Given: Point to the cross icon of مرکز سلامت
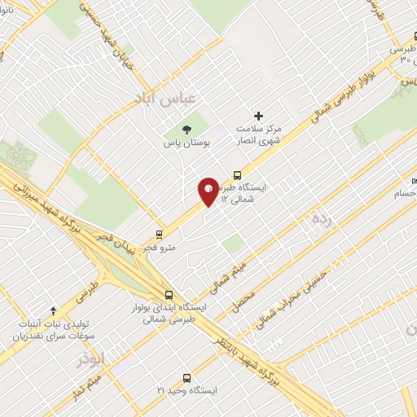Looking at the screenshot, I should pyautogui.click(x=260, y=116).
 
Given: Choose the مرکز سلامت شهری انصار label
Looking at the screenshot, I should pyautogui.click(x=260, y=135).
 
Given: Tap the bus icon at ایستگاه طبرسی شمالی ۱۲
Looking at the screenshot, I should pyautogui.click(x=237, y=174).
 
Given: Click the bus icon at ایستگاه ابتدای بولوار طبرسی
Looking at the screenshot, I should pyautogui.click(x=169, y=295).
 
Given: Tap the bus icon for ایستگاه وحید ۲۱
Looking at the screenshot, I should pyautogui.click(x=187, y=378).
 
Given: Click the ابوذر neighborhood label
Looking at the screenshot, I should pyautogui.click(x=93, y=359).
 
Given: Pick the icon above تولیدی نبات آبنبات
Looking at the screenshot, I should pyautogui.click(x=54, y=310).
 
